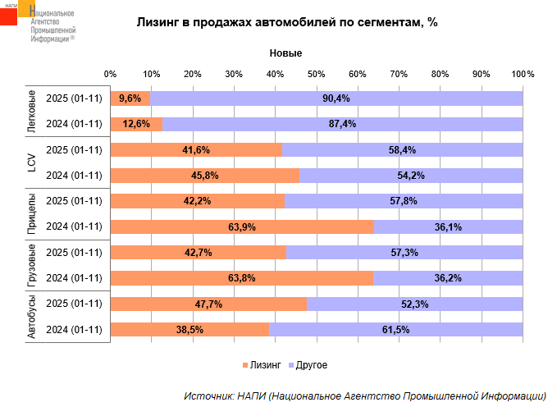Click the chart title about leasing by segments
[286, 23]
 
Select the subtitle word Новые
[286, 53]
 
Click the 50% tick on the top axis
[317, 75]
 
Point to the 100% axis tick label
[523, 75]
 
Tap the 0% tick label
[111, 75]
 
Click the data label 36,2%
[448, 278]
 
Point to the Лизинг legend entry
[263, 364]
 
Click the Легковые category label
[31, 112]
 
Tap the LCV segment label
[31, 162]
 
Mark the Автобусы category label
[31, 317]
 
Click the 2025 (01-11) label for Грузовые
[74, 252]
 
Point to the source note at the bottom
[365, 395]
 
